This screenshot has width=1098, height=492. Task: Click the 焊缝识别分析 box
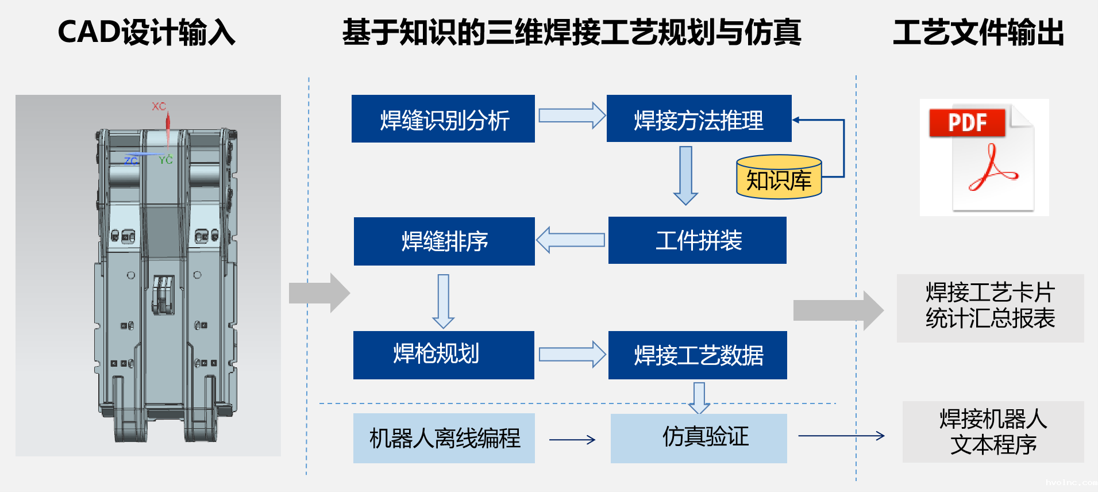click(443, 119)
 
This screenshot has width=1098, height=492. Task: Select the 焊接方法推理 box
click(699, 119)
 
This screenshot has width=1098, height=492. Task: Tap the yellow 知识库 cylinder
click(779, 178)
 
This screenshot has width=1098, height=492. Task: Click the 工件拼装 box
click(697, 240)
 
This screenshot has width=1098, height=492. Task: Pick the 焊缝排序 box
click(444, 241)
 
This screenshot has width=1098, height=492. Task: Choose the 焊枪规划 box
click(444, 355)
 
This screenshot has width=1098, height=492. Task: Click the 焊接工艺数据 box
click(698, 355)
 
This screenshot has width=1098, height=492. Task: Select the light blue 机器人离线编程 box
click(444, 438)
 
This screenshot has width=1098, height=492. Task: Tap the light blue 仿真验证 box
click(699, 438)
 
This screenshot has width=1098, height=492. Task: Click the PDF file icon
click(984, 157)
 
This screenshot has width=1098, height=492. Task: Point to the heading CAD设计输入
click(147, 32)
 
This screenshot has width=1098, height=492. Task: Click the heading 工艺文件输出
click(978, 33)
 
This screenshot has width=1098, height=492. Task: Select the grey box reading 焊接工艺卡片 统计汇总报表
click(990, 308)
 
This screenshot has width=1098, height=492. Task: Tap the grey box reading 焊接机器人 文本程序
click(993, 432)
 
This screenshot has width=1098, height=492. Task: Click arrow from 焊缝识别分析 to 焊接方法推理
click(571, 116)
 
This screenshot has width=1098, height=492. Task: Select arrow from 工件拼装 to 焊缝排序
click(571, 240)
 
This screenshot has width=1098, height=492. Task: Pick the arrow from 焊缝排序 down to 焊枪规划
click(443, 301)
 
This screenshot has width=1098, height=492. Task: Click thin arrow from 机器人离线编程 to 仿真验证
click(572, 440)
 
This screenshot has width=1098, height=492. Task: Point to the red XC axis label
click(159, 106)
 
